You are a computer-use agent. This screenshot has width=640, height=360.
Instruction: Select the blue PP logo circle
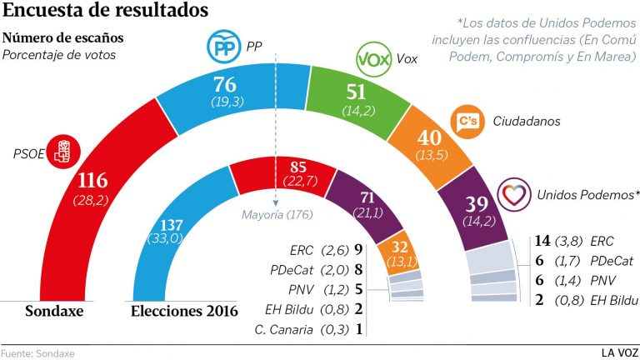coord(224,49)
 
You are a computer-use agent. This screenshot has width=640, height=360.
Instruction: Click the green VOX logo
coord(373,60)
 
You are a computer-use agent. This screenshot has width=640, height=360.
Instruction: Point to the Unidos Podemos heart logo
coord(513,194)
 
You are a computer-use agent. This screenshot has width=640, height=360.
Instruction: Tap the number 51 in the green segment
coord(358,92)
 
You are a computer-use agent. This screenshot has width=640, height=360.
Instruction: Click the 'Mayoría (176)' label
coord(276,215)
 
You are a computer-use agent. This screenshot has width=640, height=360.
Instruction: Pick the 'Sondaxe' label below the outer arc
coord(57,312)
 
